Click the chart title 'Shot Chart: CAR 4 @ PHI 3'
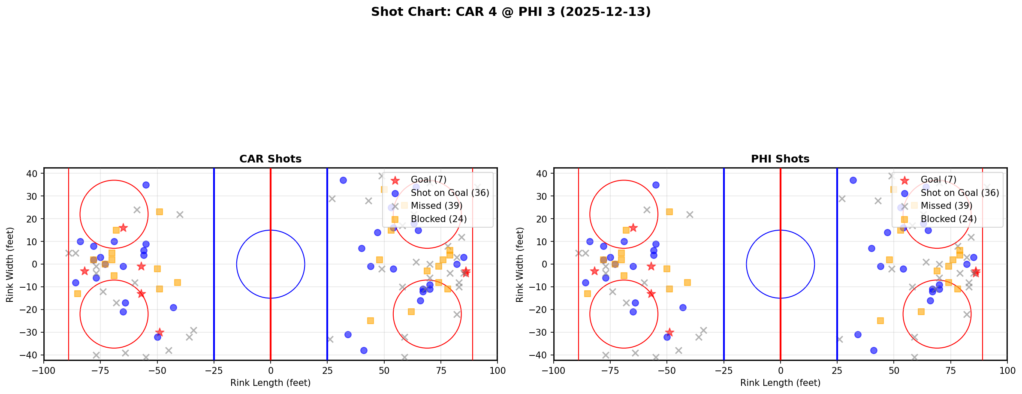point(511,12)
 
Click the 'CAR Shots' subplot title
point(270,159)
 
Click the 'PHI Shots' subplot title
point(780,159)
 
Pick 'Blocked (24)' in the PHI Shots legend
point(948,219)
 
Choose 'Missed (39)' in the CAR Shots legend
point(436,206)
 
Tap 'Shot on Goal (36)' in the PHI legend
point(959,193)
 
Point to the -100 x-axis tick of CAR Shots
point(44,370)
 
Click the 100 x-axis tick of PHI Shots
point(1007,370)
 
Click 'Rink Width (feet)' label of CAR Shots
point(10,264)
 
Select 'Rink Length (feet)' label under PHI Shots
point(780,383)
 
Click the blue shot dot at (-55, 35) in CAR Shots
point(146,185)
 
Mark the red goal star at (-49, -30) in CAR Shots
point(160,332)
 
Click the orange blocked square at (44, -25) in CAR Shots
point(370,321)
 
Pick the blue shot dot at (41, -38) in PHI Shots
point(874,350)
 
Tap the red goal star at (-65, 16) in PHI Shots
point(633,228)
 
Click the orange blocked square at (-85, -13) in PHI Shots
point(588,294)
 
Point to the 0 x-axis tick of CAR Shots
point(271,370)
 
